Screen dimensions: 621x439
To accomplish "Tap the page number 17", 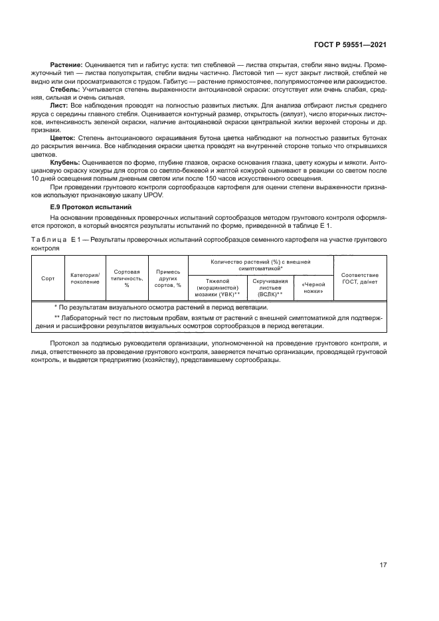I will click(x=383, y=565).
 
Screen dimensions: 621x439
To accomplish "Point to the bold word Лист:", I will click(x=59, y=105).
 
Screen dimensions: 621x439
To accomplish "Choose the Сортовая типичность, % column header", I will click(x=127, y=278).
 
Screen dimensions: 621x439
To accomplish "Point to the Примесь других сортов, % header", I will click(x=169, y=278).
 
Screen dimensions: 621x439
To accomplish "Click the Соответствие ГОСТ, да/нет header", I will click(x=360, y=278).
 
